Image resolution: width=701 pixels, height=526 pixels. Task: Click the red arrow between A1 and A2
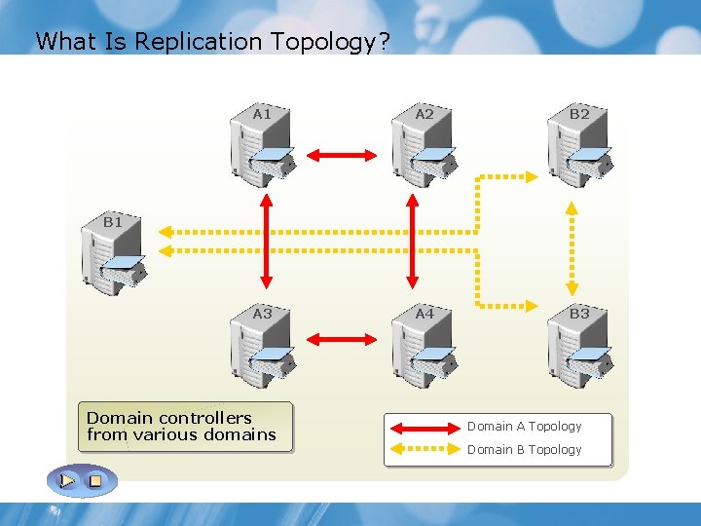tap(342, 154)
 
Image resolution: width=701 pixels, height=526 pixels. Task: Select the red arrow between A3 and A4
tap(342, 339)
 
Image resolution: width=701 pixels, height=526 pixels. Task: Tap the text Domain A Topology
tap(524, 427)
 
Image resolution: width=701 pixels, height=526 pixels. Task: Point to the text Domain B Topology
tap(524, 450)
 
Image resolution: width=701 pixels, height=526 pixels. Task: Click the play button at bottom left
tap(67, 480)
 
